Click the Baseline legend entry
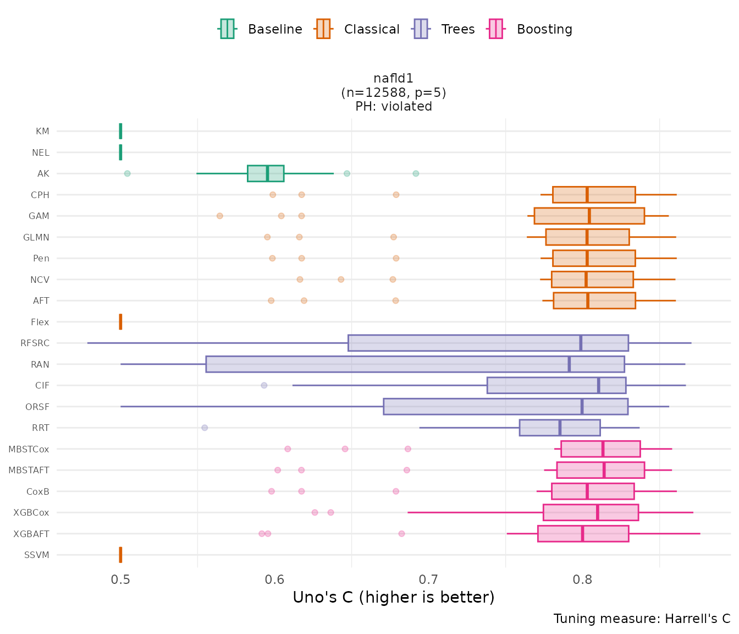[x=261, y=29]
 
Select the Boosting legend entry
[x=530, y=29]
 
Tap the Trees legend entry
[x=444, y=29]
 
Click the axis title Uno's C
[x=394, y=597]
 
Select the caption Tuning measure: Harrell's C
[x=642, y=619]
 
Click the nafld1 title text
[x=393, y=79]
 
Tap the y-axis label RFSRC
[x=35, y=343]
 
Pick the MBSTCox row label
[x=29, y=450]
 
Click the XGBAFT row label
[x=31, y=534]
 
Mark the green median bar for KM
[x=120, y=131]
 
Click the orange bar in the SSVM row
[x=120, y=555]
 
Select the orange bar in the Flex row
[x=120, y=322]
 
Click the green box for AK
[x=266, y=173]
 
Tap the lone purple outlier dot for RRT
[x=205, y=428]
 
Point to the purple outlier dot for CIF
[x=264, y=385]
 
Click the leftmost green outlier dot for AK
[x=127, y=173]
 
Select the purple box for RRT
[x=560, y=428]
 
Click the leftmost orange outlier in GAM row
[x=220, y=216]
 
